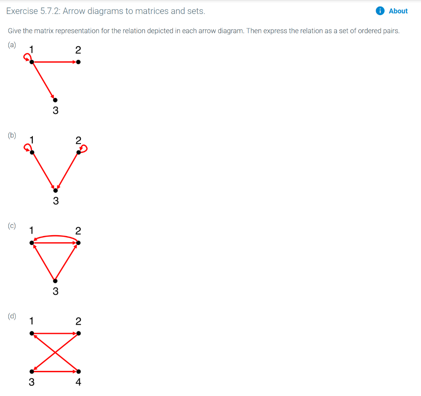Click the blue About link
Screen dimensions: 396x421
[x=398, y=11]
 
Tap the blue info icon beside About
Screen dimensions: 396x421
[x=380, y=11]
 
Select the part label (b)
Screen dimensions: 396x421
[x=12, y=135]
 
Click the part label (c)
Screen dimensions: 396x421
[x=12, y=226]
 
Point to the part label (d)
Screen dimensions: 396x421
[x=12, y=316]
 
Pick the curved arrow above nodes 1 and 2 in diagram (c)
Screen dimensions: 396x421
[x=56, y=236]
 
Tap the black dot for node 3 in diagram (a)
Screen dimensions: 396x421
[x=56, y=100]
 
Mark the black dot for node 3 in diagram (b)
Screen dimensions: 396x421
[x=56, y=190]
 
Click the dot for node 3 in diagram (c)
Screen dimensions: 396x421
[x=56, y=281]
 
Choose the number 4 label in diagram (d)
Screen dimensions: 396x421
[x=79, y=382]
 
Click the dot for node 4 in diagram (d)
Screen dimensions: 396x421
[x=79, y=371]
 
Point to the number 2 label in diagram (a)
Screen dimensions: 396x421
[x=79, y=50]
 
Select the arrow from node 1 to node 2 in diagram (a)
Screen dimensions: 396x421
[x=56, y=62]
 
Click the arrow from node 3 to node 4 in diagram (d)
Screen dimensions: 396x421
[x=56, y=371]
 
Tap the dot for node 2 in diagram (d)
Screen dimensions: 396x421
[x=79, y=333]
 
